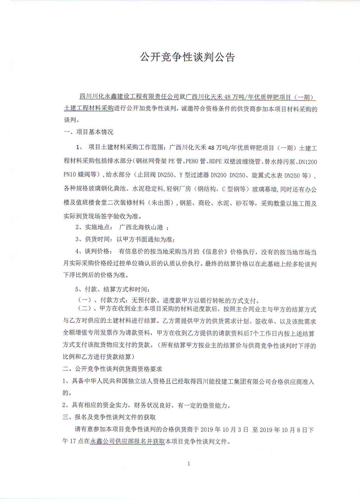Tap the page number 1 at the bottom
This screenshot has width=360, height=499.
(x=189, y=463)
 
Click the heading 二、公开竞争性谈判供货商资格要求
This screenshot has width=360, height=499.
(x=112, y=369)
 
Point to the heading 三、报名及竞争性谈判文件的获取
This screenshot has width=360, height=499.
(x=109, y=417)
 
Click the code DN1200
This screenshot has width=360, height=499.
(x=308, y=162)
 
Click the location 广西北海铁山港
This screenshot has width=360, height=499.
(x=141, y=227)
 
